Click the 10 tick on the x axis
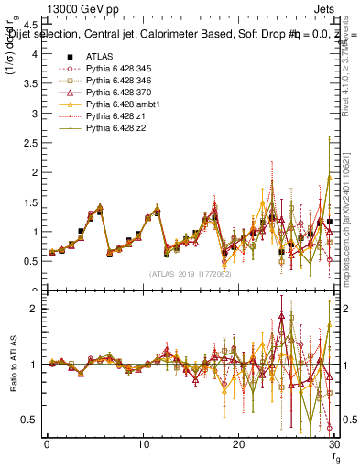point(143,444)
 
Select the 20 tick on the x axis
point(238,444)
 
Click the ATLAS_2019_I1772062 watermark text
point(190,274)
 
